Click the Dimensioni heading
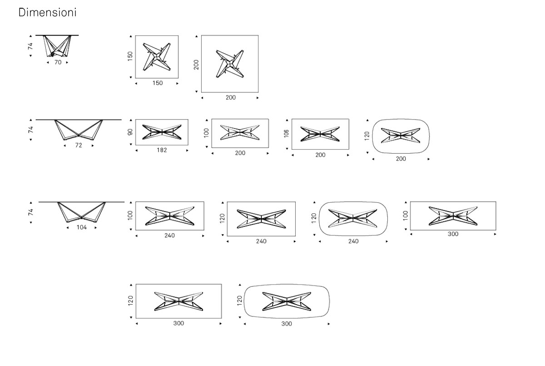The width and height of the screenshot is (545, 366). click(x=47, y=12)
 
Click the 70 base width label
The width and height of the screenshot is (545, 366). click(x=58, y=62)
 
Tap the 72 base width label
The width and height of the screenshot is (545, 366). click(x=79, y=145)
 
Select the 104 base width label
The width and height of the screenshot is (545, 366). click(x=81, y=227)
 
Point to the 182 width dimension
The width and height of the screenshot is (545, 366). click(x=162, y=150)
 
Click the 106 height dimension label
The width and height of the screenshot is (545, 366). click(x=286, y=134)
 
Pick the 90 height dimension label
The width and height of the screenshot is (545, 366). click(x=130, y=132)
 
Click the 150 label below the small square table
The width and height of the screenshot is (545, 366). click(x=158, y=83)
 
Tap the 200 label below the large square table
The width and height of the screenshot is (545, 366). click(x=231, y=97)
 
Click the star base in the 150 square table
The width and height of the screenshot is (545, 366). click(x=157, y=57)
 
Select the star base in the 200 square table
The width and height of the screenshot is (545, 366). click(x=230, y=64)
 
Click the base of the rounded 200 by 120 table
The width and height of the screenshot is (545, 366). click(x=401, y=135)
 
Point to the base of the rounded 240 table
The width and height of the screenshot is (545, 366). click(x=353, y=218)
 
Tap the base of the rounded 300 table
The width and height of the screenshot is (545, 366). click(x=287, y=301)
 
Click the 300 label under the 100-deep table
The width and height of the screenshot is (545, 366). click(x=453, y=234)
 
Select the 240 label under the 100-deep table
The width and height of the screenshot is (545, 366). click(x=169, y=235)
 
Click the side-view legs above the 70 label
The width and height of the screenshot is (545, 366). click(x=57, y=46)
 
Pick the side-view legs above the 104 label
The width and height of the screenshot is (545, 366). click(x=81, y=212)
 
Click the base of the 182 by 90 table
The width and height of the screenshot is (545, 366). click(x=162, y=132)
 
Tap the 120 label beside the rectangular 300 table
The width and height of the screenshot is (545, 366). click(x=131, y=301)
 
